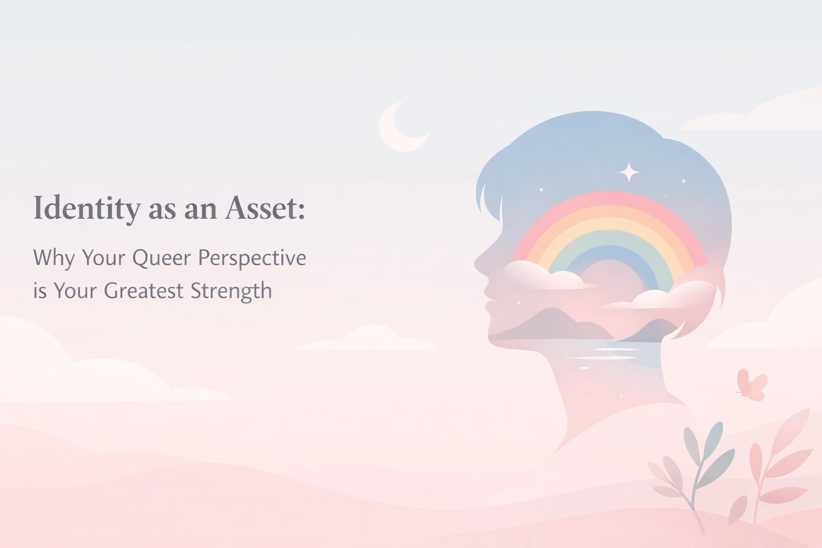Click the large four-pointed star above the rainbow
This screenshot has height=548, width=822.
(629, 173)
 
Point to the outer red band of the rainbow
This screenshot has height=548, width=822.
(610, 197)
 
